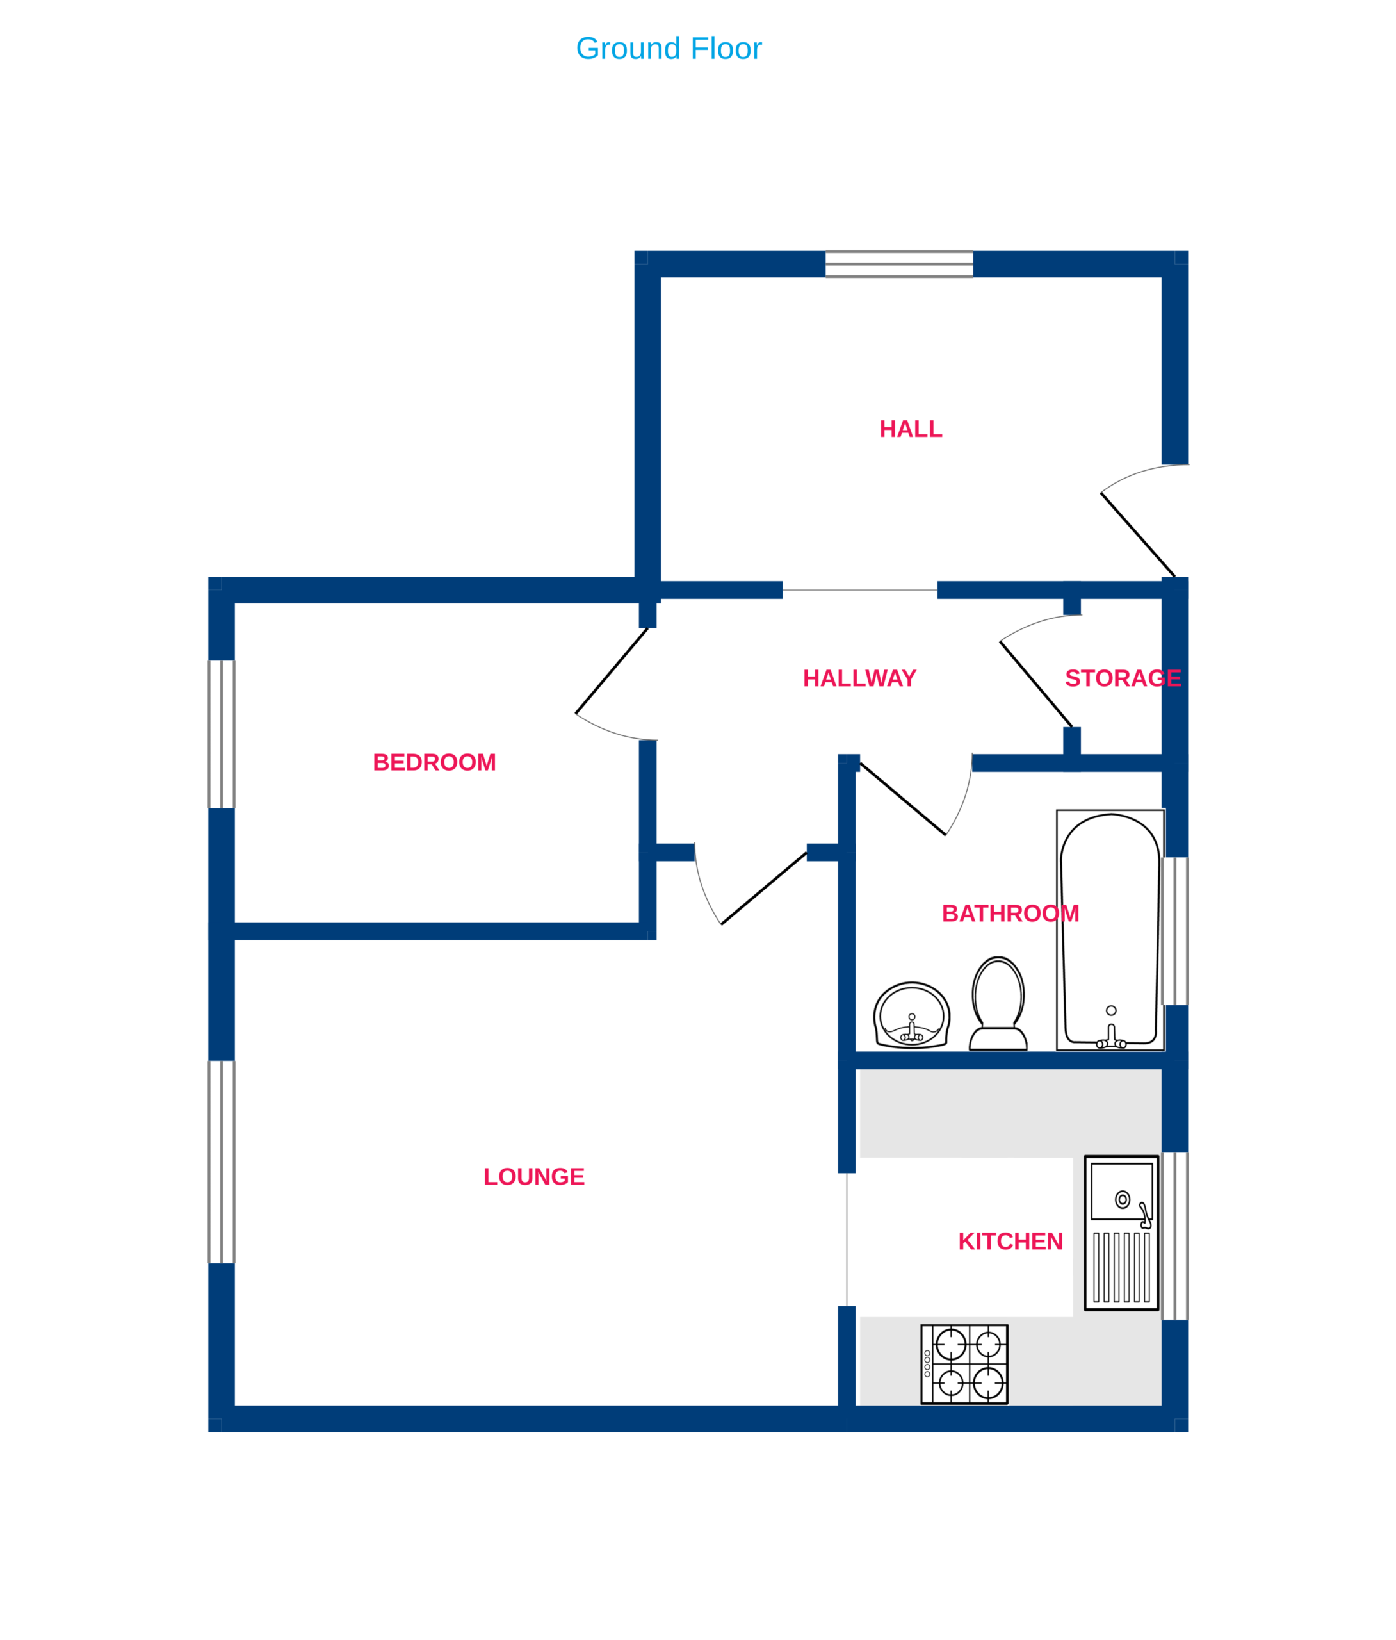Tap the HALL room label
[x=911, y=429]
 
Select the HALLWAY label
[x=859, y=678]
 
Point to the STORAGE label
[x=1123, y=678]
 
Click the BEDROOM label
[x=434, y=762]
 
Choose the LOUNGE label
[x=534, y=1177]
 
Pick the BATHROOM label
[x=1010, y=914]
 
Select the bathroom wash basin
[x=912, y=1015]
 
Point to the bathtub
[x=1110, y=931]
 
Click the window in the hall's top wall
[x=899, y=265]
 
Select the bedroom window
[x=222, y=735]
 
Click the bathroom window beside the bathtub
[x=1175, y=931]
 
